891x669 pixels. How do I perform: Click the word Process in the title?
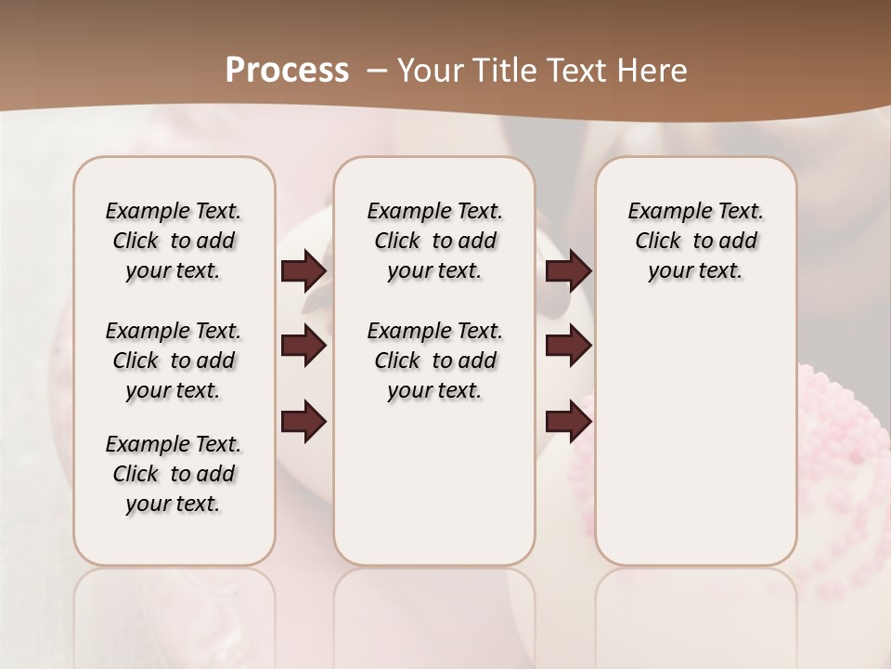[287, 71]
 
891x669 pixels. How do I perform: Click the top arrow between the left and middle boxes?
[303, 271]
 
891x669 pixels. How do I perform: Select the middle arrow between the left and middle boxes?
[303, 347]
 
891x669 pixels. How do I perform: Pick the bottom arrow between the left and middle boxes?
[303, 422]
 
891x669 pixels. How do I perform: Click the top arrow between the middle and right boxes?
[569, 271]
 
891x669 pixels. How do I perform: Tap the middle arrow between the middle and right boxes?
[569, 347]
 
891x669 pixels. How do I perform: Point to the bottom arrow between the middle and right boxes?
[569, 422]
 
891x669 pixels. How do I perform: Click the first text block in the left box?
[174, 241]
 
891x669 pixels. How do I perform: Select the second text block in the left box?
[174, 361]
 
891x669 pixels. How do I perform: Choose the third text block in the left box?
[174, 474]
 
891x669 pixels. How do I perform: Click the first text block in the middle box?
[434, 241]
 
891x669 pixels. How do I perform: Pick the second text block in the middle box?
[434, 361]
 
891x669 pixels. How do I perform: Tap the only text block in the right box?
[695, 241]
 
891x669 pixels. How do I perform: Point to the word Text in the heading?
[575, 71]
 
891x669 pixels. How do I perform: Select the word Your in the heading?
[426, 71]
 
